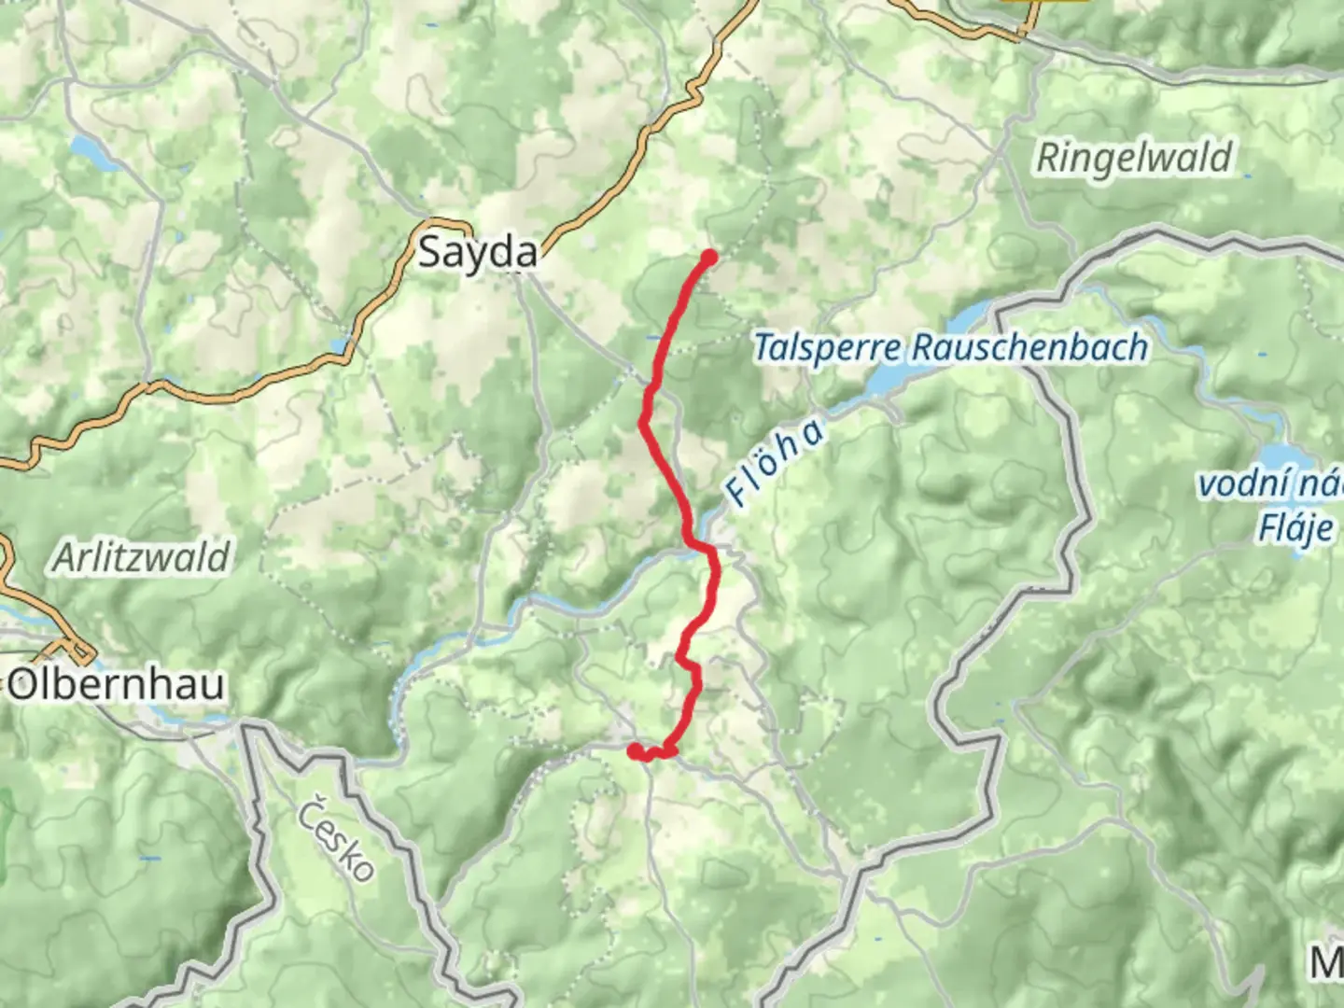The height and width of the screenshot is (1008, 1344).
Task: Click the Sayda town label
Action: (477, 252)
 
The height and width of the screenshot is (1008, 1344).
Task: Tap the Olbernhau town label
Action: (118, 684)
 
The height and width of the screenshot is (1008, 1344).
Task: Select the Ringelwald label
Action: (1134, 158)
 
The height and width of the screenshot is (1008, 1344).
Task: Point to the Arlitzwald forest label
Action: (141, 557)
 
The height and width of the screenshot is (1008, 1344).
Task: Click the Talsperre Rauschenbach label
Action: (950, 348)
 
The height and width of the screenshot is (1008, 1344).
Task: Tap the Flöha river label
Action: (775, 464)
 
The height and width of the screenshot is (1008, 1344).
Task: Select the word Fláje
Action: (1296, 528)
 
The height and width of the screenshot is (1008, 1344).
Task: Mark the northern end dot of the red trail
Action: (709, 258)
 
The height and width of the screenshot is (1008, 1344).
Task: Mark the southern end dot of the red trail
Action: (635, 749)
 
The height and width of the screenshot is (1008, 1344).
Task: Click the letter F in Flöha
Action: (737, 495)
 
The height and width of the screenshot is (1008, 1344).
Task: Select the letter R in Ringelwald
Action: (1047, 158)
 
